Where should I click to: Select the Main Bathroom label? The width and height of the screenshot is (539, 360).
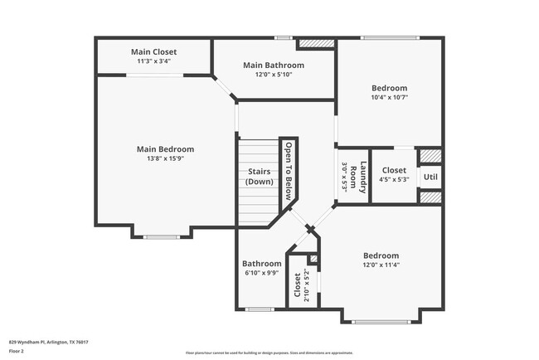(x=273, y=65)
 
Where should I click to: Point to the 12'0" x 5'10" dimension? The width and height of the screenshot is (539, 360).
(x=273, y=74)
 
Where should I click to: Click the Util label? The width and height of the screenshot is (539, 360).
(x=430, y=177)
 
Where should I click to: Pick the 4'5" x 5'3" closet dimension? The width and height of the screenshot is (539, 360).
(x=394, y=179)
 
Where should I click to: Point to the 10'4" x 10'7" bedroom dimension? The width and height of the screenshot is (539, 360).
(x=389, y=97)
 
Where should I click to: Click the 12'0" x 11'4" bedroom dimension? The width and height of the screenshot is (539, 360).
(x=381, y=265)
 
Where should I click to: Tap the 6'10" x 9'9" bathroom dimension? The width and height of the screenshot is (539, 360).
(x=261, y=273)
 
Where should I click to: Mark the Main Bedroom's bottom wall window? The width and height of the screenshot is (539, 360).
(x=161, y=237)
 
